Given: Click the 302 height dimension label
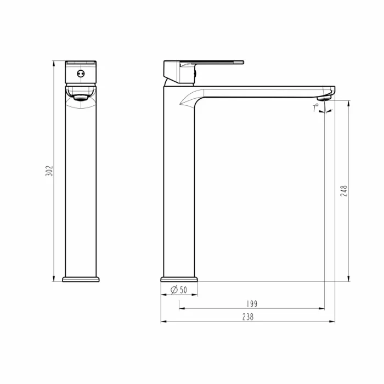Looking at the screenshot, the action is coord(49,171).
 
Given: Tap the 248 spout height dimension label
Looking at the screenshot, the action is coord(344,191).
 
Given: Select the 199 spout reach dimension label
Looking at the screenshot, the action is coord(252,304).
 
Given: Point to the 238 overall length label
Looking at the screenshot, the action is coord(248,317).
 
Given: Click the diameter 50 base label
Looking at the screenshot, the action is coord(179,290).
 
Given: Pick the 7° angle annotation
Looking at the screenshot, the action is coord(316,108).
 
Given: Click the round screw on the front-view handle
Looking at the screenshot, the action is coord(81,73).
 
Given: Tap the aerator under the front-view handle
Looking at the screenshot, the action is coord(81,98).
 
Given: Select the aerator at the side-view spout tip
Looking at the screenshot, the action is coord(324,98).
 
